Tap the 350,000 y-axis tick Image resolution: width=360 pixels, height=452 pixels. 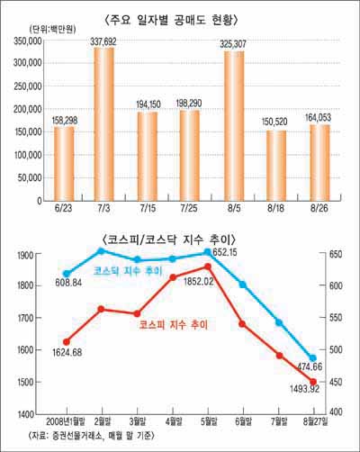click(x=33, y=41)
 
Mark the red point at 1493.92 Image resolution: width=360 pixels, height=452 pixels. click(x=313, y=382)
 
